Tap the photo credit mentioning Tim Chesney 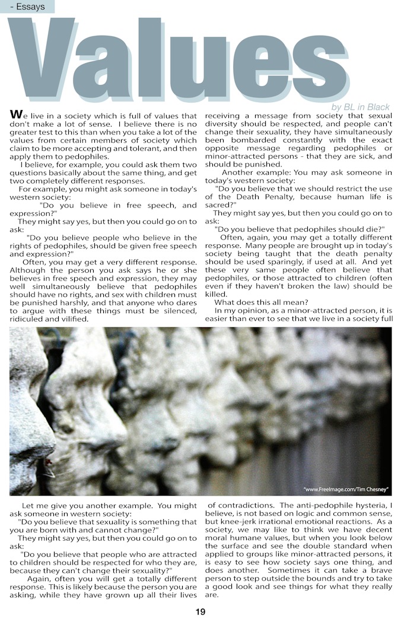pyautogui.click(x=346, y=489)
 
